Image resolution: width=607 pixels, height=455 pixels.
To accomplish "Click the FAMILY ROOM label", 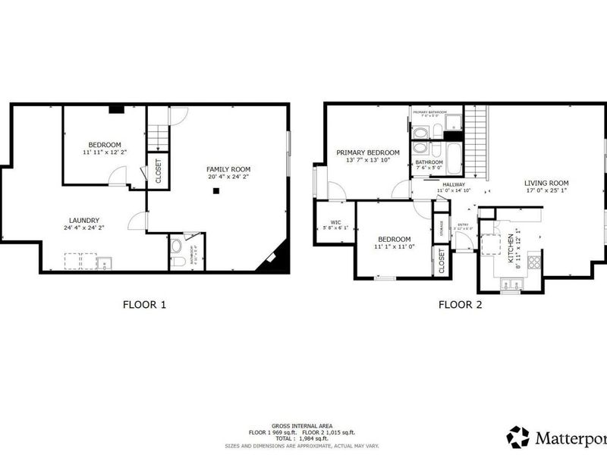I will pyautogui.click(x=228, y=169).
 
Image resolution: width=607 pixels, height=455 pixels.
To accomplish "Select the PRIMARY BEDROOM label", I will pyautogui.click(x=368, y=152).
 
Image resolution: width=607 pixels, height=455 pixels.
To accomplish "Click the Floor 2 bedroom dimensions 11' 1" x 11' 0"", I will pyautogui.click(x=392, y=246).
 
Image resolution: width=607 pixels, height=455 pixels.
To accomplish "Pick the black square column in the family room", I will pyautogui.click(x=216, y=191).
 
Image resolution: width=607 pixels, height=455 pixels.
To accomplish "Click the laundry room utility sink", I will pyautogui.click(x=105, y=263).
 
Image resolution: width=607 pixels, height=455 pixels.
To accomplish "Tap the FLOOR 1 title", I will pyautogui.click(x=144, y=305).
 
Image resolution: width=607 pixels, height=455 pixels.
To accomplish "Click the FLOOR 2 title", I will pyautogui.click(x=460, y=305).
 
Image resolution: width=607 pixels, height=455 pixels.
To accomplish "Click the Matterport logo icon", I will pyautogui.click(x=518, y=437).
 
